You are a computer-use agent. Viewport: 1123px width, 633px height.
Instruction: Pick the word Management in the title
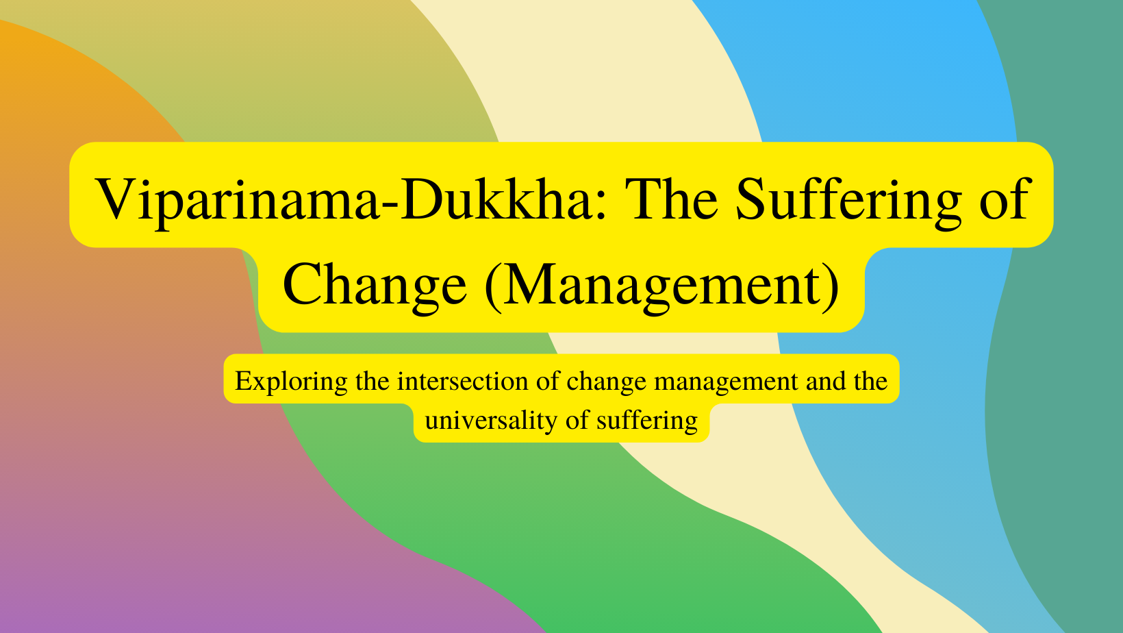pyautogui.click(x=662, y=285)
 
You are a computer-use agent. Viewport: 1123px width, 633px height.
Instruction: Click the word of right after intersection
pyautogui.click(x=548, y=381)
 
